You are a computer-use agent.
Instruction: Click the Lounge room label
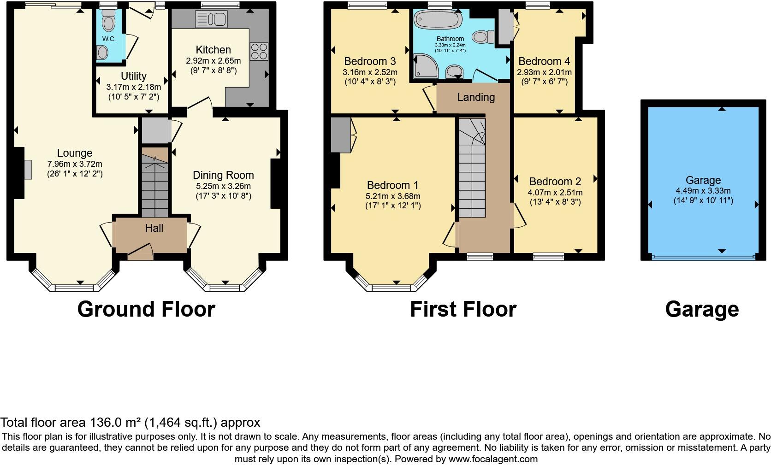75,153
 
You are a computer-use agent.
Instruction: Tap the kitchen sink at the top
211,19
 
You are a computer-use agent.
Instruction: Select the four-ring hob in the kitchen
259,51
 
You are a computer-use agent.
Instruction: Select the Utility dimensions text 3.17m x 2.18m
134,87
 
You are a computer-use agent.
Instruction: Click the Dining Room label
223,175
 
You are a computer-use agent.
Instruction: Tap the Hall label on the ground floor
154,228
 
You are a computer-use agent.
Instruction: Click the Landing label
476,97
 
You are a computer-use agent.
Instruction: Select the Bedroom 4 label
544,61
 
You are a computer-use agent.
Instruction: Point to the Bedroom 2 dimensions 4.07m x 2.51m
555,193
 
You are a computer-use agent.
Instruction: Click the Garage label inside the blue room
703,180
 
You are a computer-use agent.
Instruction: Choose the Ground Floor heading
146,309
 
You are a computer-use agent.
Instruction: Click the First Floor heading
463,309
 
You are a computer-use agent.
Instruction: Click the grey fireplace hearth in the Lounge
28,169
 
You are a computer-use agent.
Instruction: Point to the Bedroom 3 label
370,61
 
